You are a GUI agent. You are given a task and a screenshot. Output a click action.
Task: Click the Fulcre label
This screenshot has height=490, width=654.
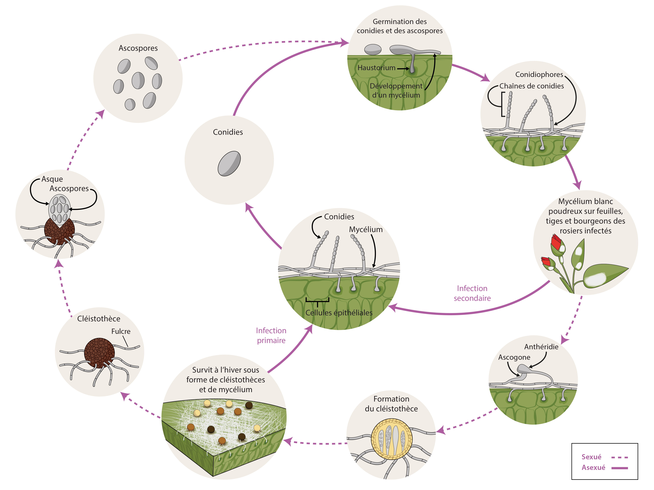121,331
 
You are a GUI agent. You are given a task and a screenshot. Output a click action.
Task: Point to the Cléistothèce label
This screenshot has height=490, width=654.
99,319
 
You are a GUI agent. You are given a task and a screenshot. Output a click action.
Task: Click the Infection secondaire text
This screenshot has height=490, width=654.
472,293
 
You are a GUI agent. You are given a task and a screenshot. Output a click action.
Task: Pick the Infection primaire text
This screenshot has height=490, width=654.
271,336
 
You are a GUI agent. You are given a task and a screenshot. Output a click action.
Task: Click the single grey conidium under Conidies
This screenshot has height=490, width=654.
229,164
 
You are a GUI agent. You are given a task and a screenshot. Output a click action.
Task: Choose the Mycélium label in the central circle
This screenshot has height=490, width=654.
366,229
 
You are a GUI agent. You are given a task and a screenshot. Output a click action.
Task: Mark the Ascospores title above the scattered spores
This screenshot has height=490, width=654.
138,48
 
